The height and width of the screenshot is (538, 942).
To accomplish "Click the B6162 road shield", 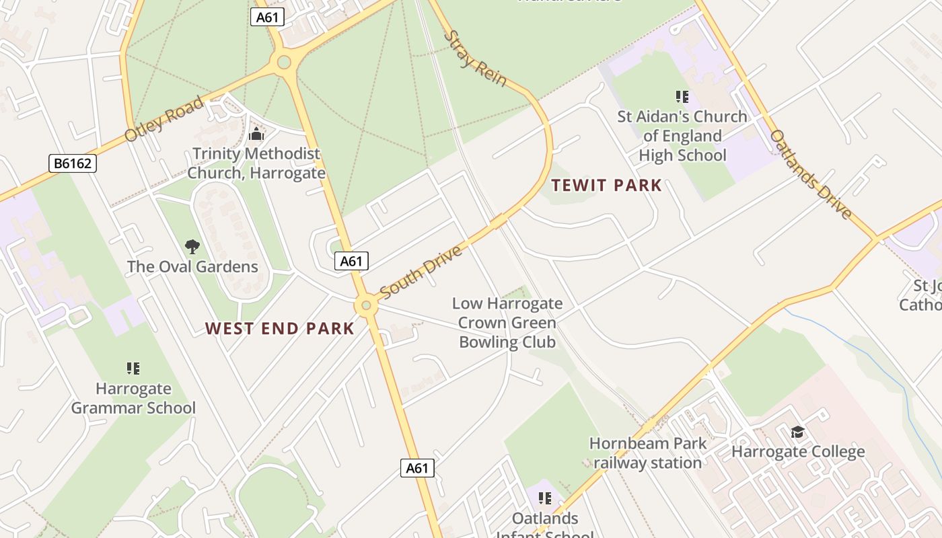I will (x=73, y=163).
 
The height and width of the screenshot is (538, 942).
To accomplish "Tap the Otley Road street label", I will (x=164, y=119).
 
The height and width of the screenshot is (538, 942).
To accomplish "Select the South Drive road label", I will (x=422, y=271).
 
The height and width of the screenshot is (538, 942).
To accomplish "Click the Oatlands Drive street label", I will (x=810, y=174).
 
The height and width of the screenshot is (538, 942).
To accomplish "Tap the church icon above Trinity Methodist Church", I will (x=256, y=134).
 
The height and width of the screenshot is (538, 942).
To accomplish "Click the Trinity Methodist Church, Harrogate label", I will (x=256, y=163).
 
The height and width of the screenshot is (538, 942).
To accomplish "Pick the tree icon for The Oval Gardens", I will (x=192, y=247).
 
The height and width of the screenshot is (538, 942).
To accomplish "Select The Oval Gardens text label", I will (x=192, y=267).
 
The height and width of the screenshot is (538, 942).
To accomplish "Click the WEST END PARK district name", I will (x=280, y=328).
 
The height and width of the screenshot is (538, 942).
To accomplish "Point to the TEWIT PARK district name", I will (x=607, y=186).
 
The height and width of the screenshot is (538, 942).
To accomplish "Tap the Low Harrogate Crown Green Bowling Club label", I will (x=507, y=323).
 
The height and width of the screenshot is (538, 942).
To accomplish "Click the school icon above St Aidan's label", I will (x=682, y=98).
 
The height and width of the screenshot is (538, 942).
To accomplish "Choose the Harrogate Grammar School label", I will (x=133, y=398).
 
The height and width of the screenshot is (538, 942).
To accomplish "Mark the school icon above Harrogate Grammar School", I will (x=133, y=368).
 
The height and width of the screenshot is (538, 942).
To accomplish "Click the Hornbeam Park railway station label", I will (x=649, y=453).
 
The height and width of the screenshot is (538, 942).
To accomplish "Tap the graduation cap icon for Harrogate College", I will (x=797, y=432).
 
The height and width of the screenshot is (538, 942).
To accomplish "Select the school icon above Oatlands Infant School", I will (x=545, y=498).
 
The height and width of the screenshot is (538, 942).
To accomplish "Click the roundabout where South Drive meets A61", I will (x=366, y=306).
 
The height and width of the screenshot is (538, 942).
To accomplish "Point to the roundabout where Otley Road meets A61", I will (x=284, y=63).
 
